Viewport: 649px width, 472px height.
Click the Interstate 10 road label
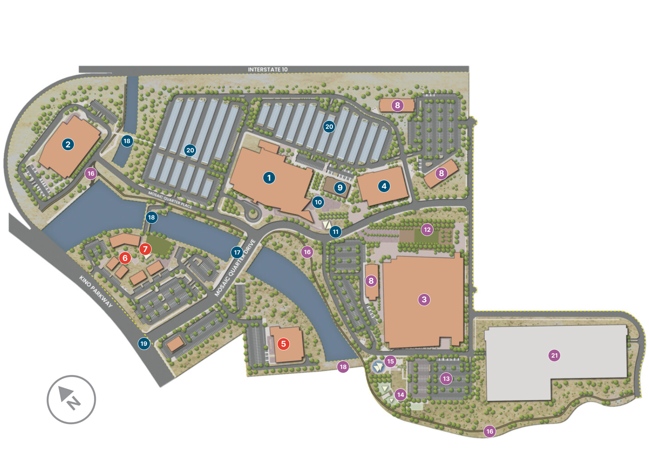pos(267,69)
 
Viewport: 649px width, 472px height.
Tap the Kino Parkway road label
pos(96,291)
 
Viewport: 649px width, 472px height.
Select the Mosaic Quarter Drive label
pos(235,268)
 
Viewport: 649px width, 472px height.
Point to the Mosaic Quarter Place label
pos(170,200)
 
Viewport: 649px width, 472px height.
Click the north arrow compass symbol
pos(71,399)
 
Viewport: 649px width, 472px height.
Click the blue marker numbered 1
pos(269,178)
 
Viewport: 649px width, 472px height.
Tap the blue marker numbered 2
pos(68,144)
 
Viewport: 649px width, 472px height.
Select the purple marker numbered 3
pos(424,300)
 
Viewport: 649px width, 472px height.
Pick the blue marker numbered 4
pos(384,186)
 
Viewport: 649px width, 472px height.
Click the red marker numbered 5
pos(284,344)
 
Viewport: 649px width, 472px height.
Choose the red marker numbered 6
pos(125,258)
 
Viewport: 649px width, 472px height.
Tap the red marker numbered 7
pos(145,249)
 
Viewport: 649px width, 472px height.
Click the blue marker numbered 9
pos(340,188)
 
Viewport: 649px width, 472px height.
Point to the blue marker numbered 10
pos(318,202)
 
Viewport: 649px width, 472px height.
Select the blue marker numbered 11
pos(335,231)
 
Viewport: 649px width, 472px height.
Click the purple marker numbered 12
pos(427,230)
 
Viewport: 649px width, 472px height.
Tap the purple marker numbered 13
pos(446,378)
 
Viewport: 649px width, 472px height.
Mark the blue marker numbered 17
pos(237,252)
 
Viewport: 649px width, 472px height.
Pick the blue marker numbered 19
pos(144,343)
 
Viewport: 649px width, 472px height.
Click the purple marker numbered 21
pos(554,355)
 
